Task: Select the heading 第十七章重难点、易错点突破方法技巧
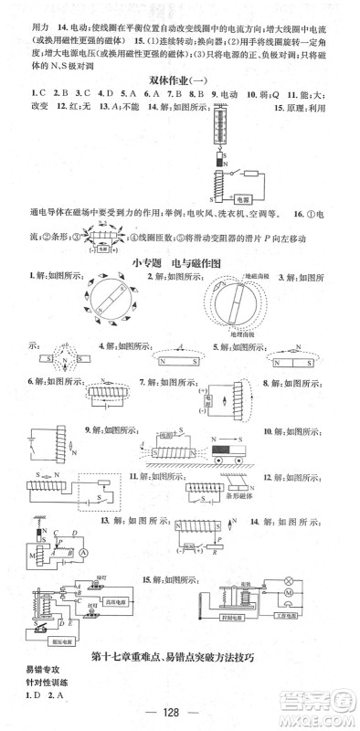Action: tap(184, 658)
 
